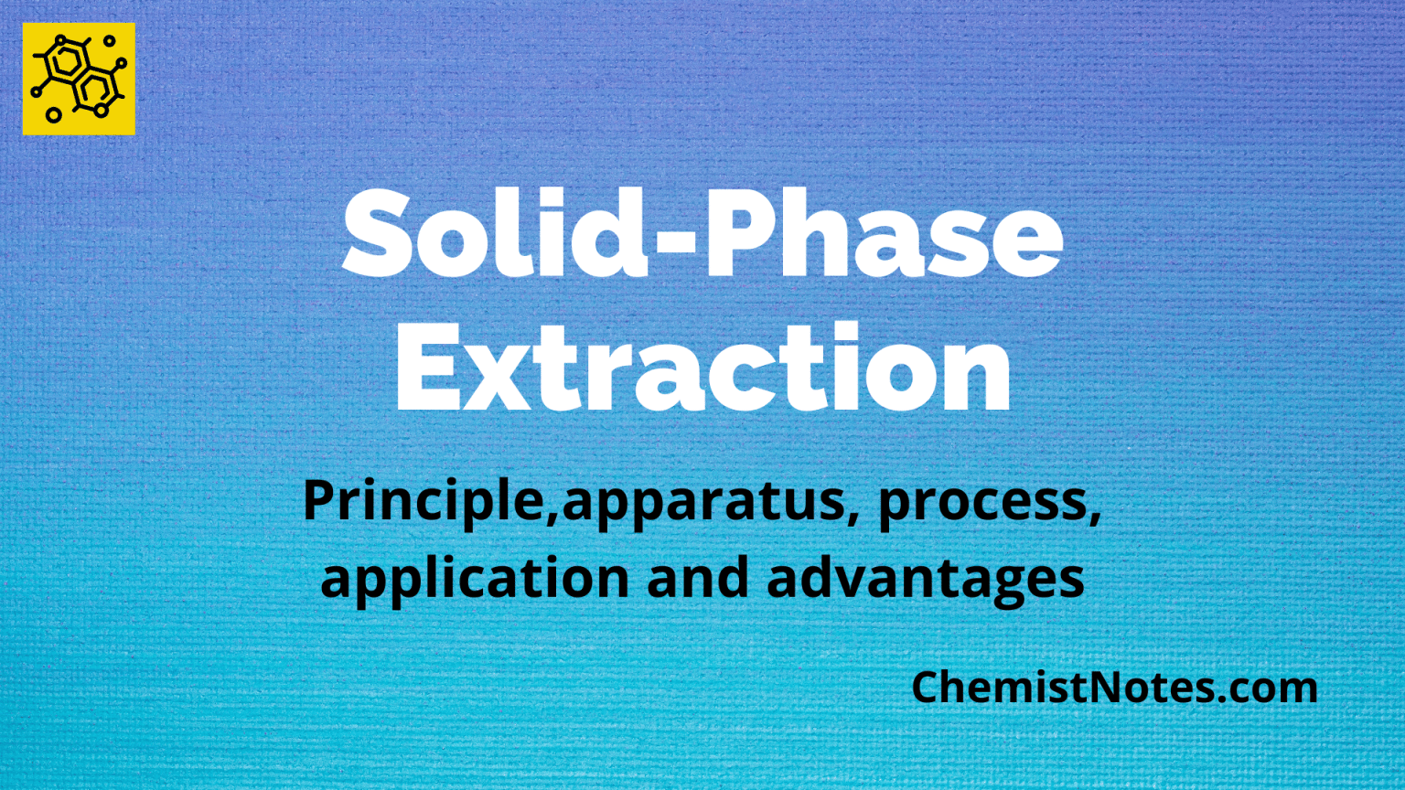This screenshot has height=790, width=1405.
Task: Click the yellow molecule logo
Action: pyautogui.click(x=79, y=79)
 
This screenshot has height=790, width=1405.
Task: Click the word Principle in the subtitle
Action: pyautogui.click(x=424, y=501)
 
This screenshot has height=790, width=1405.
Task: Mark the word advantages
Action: pyautogui.click(x=926, y=579)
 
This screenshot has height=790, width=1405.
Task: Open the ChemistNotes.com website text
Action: pyautogui.click(x=1114, y=688)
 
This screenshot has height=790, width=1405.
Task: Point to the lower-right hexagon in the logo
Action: pyautogui.click(x=95, y=90)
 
